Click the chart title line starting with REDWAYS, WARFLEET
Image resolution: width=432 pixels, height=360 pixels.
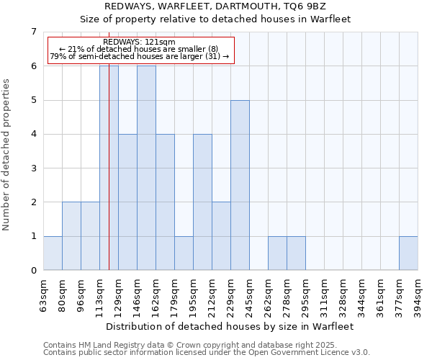pos(215,6)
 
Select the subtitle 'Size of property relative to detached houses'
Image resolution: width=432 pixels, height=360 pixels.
pos(215,19)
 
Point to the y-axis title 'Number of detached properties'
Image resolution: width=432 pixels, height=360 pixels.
pos(7,154)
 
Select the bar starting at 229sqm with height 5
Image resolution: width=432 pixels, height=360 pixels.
pos(240,185)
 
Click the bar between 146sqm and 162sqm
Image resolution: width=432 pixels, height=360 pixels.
pos(146,168)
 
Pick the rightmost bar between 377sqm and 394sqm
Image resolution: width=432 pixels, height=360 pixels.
pos(408,253)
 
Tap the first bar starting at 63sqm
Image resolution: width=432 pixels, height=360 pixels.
pos(53,253)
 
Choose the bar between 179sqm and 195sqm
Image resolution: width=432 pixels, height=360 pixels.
pos(184,253)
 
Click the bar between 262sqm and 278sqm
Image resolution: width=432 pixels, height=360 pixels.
pos(277,253)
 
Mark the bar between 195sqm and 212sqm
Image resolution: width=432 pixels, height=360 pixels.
pos(202,202)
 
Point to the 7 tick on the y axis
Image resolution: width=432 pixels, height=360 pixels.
pos(33,32)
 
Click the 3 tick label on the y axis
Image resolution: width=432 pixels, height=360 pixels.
pos(33,168)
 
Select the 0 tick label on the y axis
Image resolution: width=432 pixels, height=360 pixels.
pos(33,271)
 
